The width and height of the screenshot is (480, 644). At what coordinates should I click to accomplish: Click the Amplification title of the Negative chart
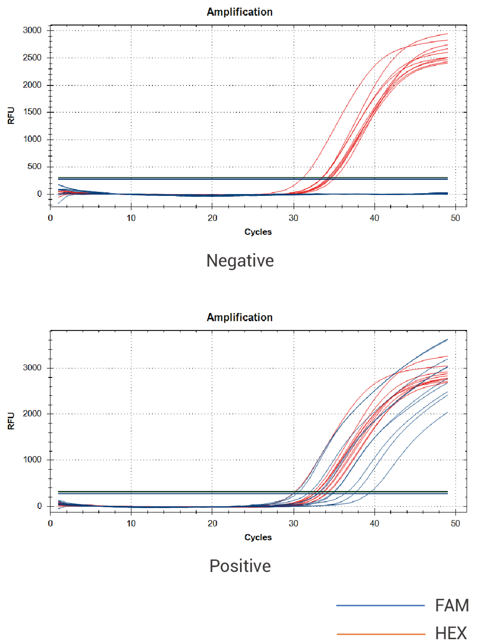point(240,12)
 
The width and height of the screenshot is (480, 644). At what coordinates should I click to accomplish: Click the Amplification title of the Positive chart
point(240,317)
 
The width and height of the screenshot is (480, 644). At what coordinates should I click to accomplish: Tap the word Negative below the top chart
point(240,261)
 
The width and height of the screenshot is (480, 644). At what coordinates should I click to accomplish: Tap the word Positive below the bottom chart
point(240,566)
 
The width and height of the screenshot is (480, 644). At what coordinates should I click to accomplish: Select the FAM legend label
point(452,606)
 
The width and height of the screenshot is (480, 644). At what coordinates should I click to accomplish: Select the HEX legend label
point(451,633)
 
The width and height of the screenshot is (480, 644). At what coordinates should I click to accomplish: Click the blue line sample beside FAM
point(380,606)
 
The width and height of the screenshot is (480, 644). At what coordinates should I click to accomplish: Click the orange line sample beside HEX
point(380,634)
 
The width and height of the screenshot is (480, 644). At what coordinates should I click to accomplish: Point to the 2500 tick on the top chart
point(32,58)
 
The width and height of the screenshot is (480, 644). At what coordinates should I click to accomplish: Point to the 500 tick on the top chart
point(35,167)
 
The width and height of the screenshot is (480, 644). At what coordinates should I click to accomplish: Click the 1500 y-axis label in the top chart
point(32,112)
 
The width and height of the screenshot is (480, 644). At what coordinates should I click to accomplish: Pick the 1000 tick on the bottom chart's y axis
point(32,460)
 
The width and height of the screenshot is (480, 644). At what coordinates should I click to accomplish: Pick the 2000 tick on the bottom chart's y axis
point(32,413)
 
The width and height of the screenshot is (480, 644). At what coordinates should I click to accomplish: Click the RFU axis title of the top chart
point(11,116)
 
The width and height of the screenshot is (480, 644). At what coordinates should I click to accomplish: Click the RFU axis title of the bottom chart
point(11,421)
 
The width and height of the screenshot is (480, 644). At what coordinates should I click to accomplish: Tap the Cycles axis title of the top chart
point(258,232)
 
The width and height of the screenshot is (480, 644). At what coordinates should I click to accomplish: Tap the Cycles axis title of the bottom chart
point(258,537)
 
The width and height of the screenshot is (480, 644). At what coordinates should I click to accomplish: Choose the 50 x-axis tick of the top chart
point(455,218)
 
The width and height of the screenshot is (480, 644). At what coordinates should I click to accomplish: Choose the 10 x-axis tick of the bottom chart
point(131,523)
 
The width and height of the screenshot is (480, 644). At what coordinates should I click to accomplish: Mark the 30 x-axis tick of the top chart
point(293,218)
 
